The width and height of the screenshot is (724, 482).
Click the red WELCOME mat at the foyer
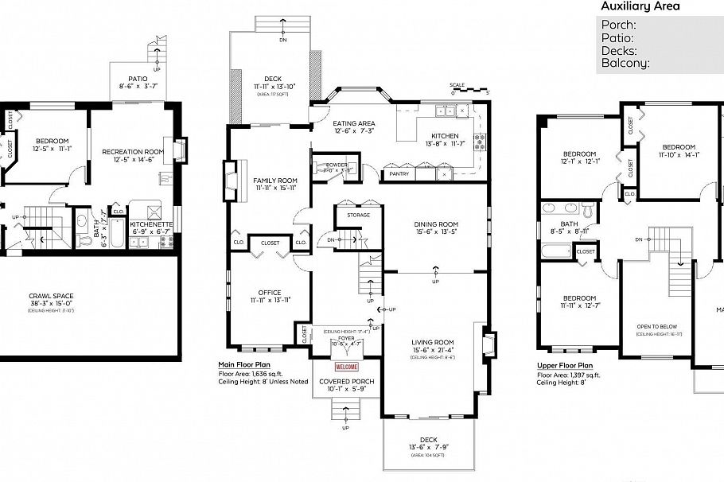(346, 367)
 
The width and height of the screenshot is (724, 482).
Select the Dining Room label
(436, 224)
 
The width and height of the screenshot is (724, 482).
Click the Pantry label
(395, 173)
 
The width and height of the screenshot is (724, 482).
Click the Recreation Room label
(132, 151)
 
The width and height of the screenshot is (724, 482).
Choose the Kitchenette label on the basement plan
(151, 224)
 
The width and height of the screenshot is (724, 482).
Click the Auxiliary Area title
(640, 6)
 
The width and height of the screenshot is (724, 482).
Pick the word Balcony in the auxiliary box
(625, 63)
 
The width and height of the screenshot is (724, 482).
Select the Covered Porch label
(346, 382)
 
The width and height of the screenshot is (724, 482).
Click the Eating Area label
(353, 123)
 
